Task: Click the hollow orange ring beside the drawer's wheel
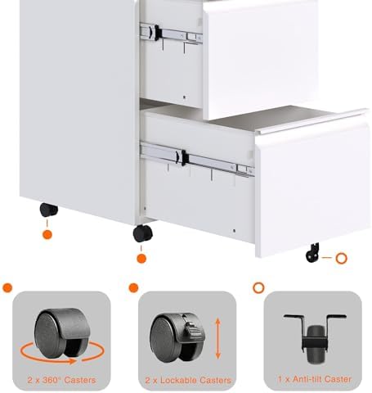[x=342, y=259]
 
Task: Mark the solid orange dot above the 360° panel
[x=7, y=288]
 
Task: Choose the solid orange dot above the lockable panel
[x=133, y=288]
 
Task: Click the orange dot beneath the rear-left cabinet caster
[x=47, y=235]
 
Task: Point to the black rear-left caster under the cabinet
[x=49, y=210]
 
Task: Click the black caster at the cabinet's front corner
[x=143, y=233]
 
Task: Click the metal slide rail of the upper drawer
[x=170, y=34]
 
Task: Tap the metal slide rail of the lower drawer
[x=196, y=159]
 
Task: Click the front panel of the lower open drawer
[x=311, y=188]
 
